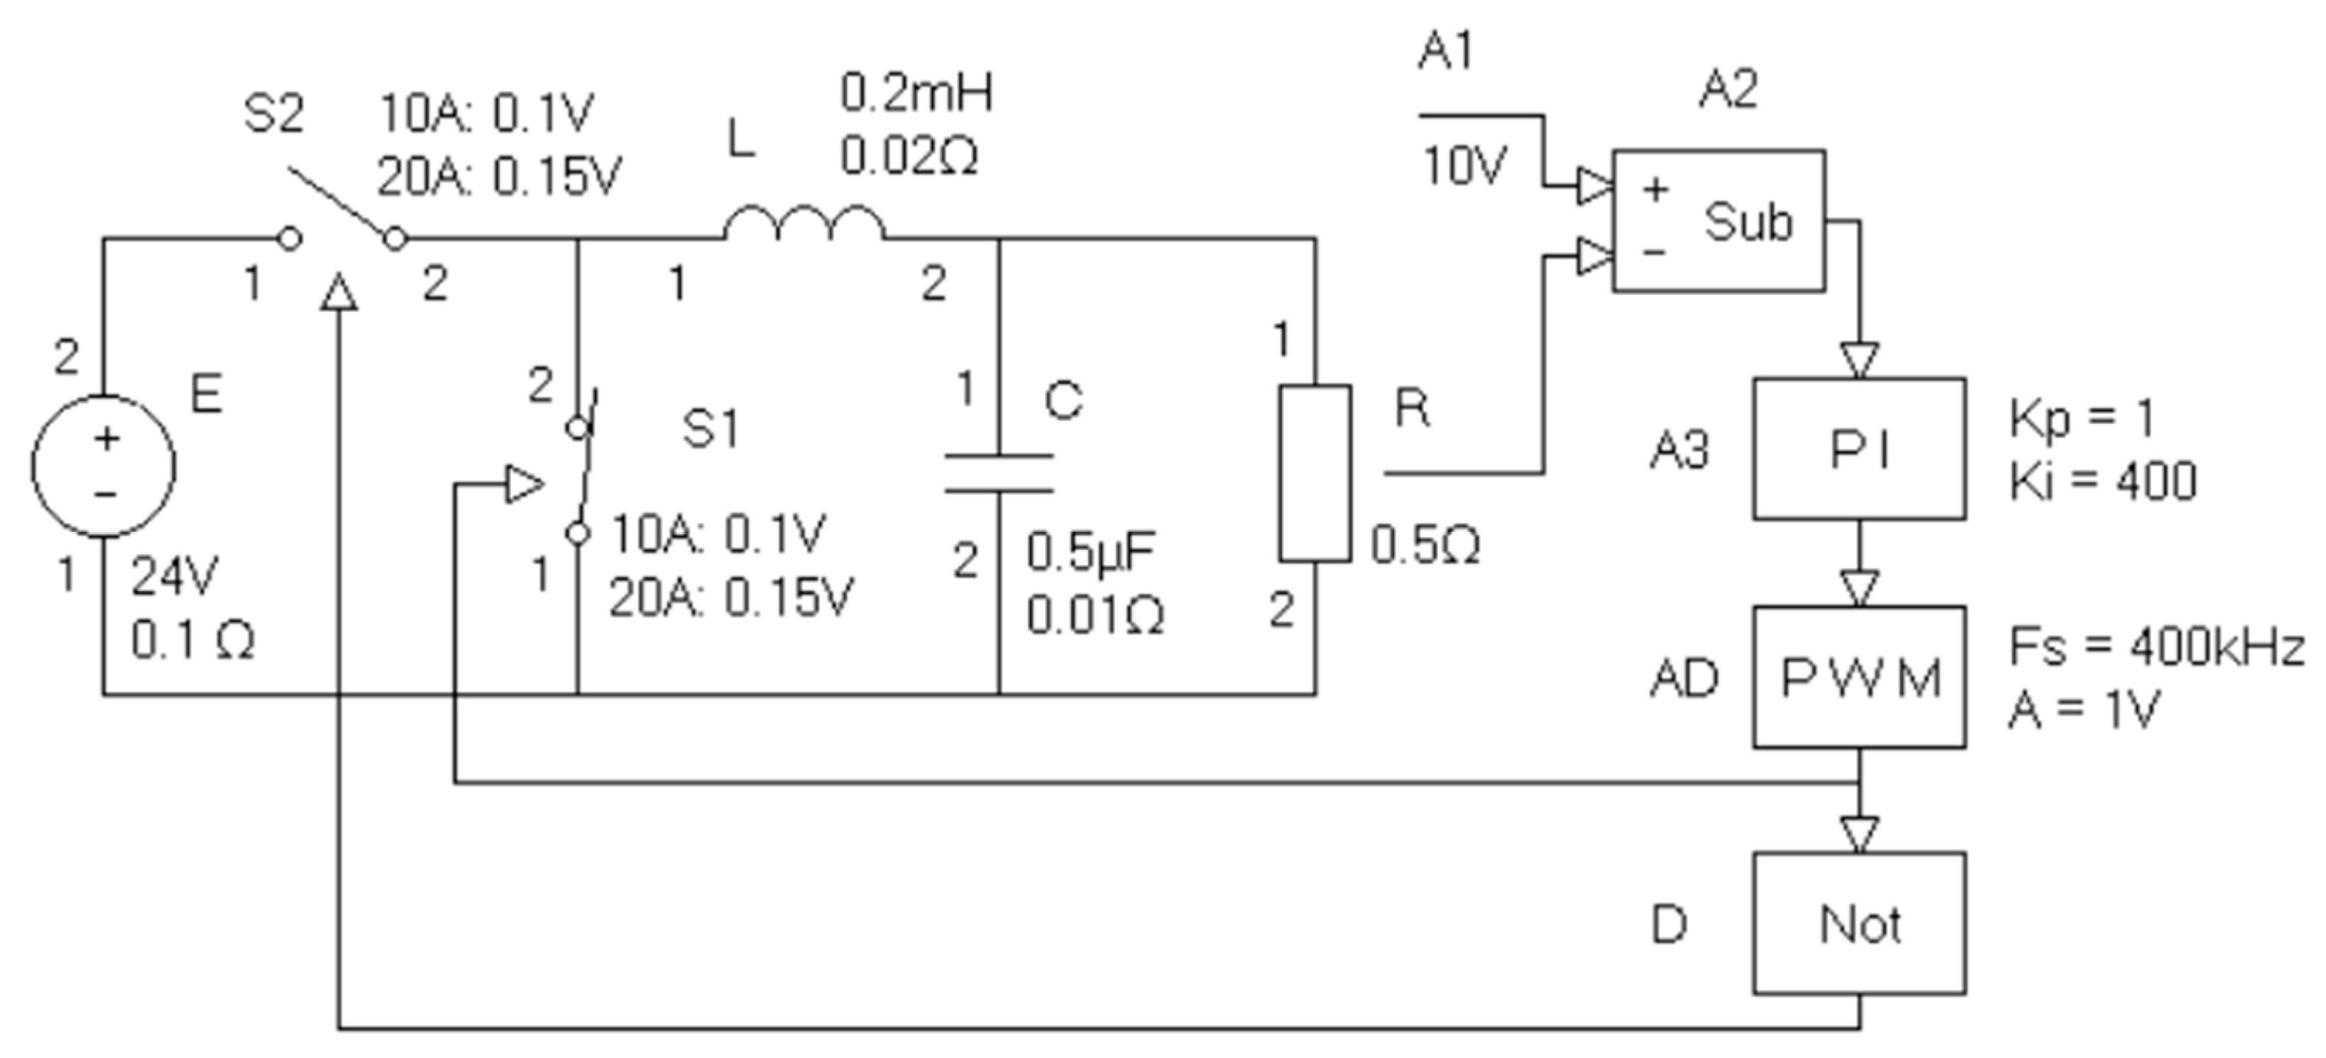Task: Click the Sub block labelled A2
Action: [x=1719, y=221]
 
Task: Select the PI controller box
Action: [x=1859, y=449]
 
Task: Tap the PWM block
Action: [x=1859, y=677]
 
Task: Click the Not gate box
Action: [x=1859, y=923]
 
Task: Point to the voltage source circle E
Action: [x=104, y=466]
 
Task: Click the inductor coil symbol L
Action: [x=804, y=224]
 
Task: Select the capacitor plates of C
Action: [x=999, y=474]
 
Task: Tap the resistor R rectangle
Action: [x=1315, y=474]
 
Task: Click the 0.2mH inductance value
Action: [x=916, y=94]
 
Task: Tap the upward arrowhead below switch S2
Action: [x=339, y=293]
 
